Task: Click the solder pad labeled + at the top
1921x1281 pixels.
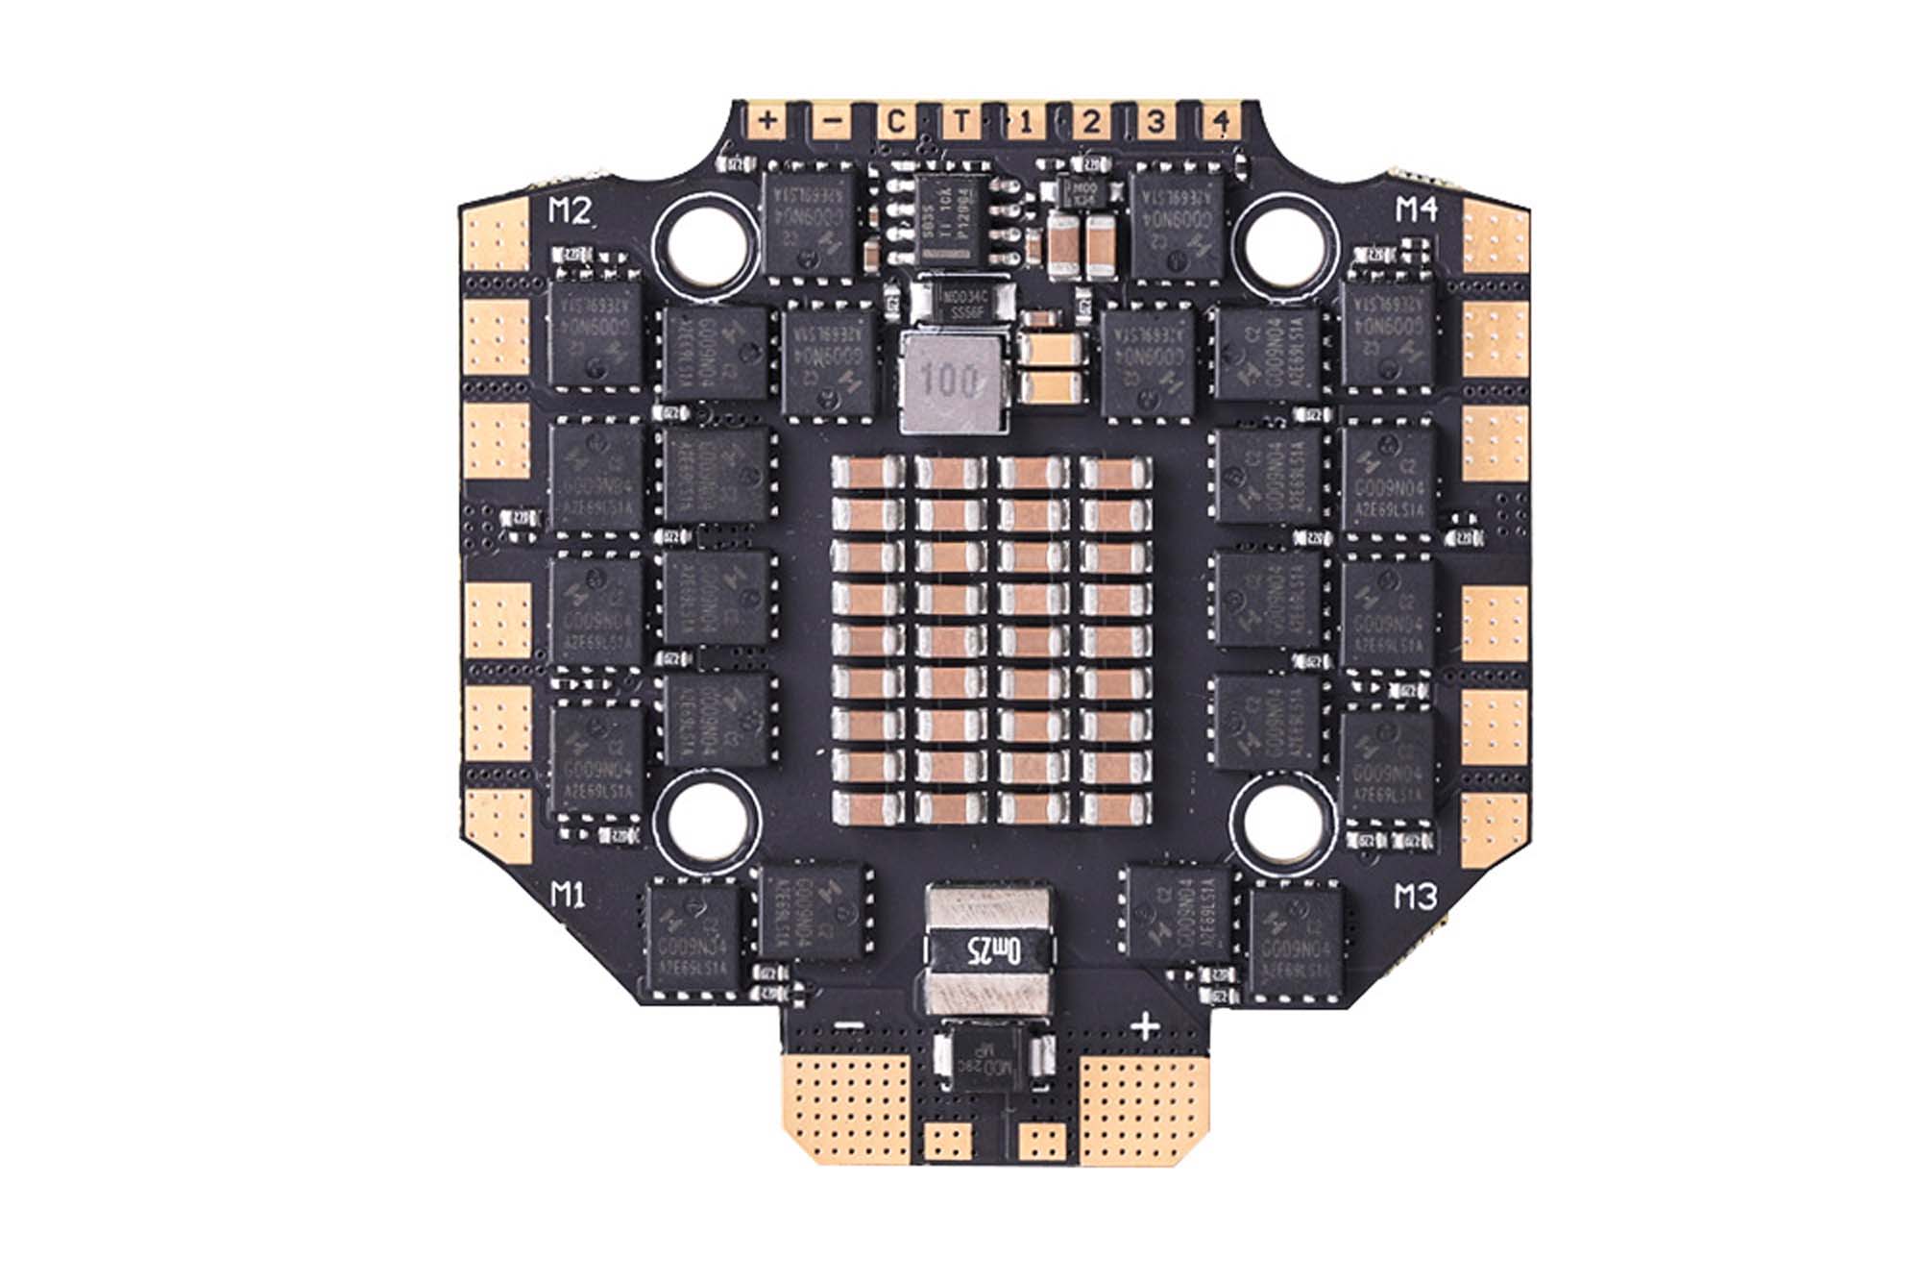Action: (767, 122)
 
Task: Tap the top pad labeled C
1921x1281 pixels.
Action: (895, 122)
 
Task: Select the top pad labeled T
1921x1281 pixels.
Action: (960, 122)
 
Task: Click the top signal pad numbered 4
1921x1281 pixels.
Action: (1221, 122)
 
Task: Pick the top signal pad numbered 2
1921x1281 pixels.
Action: (1091, 122)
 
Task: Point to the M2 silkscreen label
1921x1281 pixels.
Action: (570, 210)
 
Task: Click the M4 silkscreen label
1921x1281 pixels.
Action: (1416, 210)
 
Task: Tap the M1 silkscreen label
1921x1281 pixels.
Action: (569, 896)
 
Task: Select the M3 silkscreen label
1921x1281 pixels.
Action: (1415, 897)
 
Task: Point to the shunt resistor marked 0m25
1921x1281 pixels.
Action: (989, 950)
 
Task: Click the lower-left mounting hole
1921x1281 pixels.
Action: (706, 818)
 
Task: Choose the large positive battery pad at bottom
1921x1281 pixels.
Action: (1138, 1105)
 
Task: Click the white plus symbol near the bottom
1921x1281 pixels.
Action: (1145, 1026)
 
